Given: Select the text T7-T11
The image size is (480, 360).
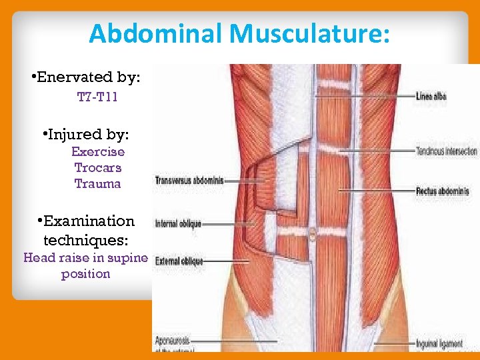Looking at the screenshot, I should click(x=97, y=98).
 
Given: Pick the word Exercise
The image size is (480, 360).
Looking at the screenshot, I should click(x=98, y=151).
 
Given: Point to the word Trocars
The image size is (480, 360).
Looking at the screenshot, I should click(x=98, y=167).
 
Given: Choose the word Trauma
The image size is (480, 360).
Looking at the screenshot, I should click(x=98, y=183).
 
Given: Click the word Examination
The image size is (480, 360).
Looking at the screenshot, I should click(x=90, y=221).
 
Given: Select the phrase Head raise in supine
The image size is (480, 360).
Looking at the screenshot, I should click(x=85, y=257).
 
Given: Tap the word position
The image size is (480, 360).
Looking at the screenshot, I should click(x=85, y=273).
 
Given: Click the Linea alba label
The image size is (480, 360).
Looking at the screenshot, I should click(x=431, y=97).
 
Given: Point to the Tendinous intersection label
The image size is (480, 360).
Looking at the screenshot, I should click(x=446, y=151).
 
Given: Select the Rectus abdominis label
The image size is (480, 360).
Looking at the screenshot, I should click(x=442, y=191).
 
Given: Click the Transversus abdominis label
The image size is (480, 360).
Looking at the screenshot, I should click(x=190, y=180).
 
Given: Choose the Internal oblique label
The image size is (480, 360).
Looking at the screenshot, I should click(x=179, y=224).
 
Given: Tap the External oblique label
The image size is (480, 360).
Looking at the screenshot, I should click(x=179, y=261).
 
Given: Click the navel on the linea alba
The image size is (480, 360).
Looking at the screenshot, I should click(x=311, y=233).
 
